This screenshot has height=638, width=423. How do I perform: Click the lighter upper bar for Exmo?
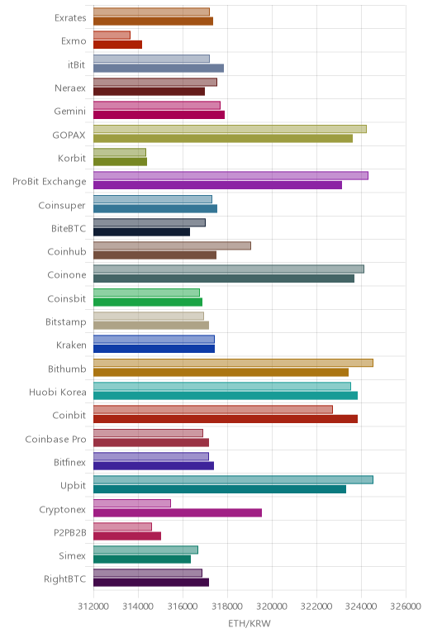pos(112,35)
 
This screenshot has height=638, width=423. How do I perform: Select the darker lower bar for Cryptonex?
pos(178,512)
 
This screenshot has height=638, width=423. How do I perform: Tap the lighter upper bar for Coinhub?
pos(172,245)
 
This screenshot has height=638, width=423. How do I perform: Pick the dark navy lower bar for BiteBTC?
pos(141,232)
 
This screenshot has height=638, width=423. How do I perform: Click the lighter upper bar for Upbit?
pos(234,479)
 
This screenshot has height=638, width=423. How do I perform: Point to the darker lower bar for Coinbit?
pos(226,419)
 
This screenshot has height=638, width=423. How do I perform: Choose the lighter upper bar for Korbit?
pos(120,152)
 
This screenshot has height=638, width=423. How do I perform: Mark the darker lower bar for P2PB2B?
pos(127,536)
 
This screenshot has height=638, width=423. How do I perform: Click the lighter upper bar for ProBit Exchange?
pos(231,175)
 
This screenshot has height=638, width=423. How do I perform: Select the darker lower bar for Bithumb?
pos(221,372)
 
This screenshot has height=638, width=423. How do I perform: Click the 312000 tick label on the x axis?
pos(93,607)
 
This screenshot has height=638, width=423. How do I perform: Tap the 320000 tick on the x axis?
pos(272,607)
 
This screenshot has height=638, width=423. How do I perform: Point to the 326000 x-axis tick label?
pos(406,607)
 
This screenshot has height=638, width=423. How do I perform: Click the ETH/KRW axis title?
pos(250,623)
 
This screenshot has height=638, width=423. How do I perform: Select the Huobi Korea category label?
pos(58,393)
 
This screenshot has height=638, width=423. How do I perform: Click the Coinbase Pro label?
pos(55,439)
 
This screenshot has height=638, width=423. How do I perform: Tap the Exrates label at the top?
pos(70,18)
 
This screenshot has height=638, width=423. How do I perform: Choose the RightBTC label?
pos(65,578)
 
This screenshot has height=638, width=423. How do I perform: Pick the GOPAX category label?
pos(69,135)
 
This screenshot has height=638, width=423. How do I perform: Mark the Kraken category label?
pos(72,345)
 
